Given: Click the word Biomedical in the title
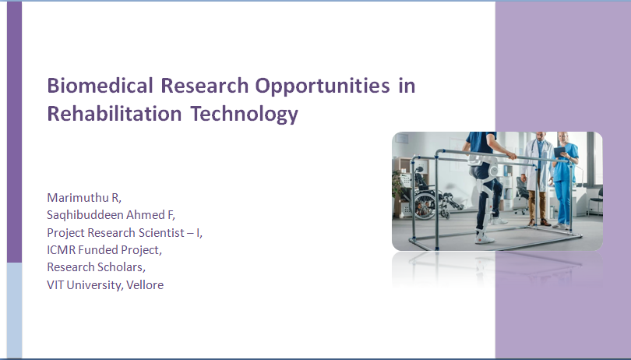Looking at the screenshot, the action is (100, 86).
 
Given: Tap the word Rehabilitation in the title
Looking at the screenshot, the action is (115, 114).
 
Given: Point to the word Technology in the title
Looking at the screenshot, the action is (245, 115).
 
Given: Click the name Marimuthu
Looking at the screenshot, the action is (78, 198).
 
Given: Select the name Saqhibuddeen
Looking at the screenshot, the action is (86, 215).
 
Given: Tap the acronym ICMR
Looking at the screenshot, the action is (62, 250).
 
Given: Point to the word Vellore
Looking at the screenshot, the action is (145, 285).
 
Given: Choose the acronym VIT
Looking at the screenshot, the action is (55, 285).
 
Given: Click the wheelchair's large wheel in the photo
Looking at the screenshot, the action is (424, 206).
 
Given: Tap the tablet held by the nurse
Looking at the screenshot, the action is (559, 152).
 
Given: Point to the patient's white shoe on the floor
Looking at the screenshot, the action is (484, 238).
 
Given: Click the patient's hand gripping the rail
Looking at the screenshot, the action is (512, 155).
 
